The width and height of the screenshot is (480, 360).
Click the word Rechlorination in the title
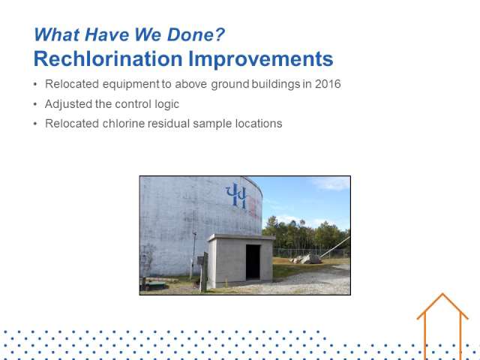[108, 58]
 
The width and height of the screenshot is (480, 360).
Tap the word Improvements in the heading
[261, 59]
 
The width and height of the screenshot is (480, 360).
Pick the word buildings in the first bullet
[276, 84]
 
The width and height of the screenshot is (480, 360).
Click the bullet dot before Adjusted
[35, 104]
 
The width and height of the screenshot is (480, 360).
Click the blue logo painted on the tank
[236, 196]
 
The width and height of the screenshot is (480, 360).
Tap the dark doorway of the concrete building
[253, 262]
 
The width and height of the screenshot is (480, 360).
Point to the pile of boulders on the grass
[306, 259]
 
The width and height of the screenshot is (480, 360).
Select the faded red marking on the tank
[254, 207]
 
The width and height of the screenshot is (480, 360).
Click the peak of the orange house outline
[442, 294]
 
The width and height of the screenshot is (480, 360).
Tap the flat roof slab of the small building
[241, 237]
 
